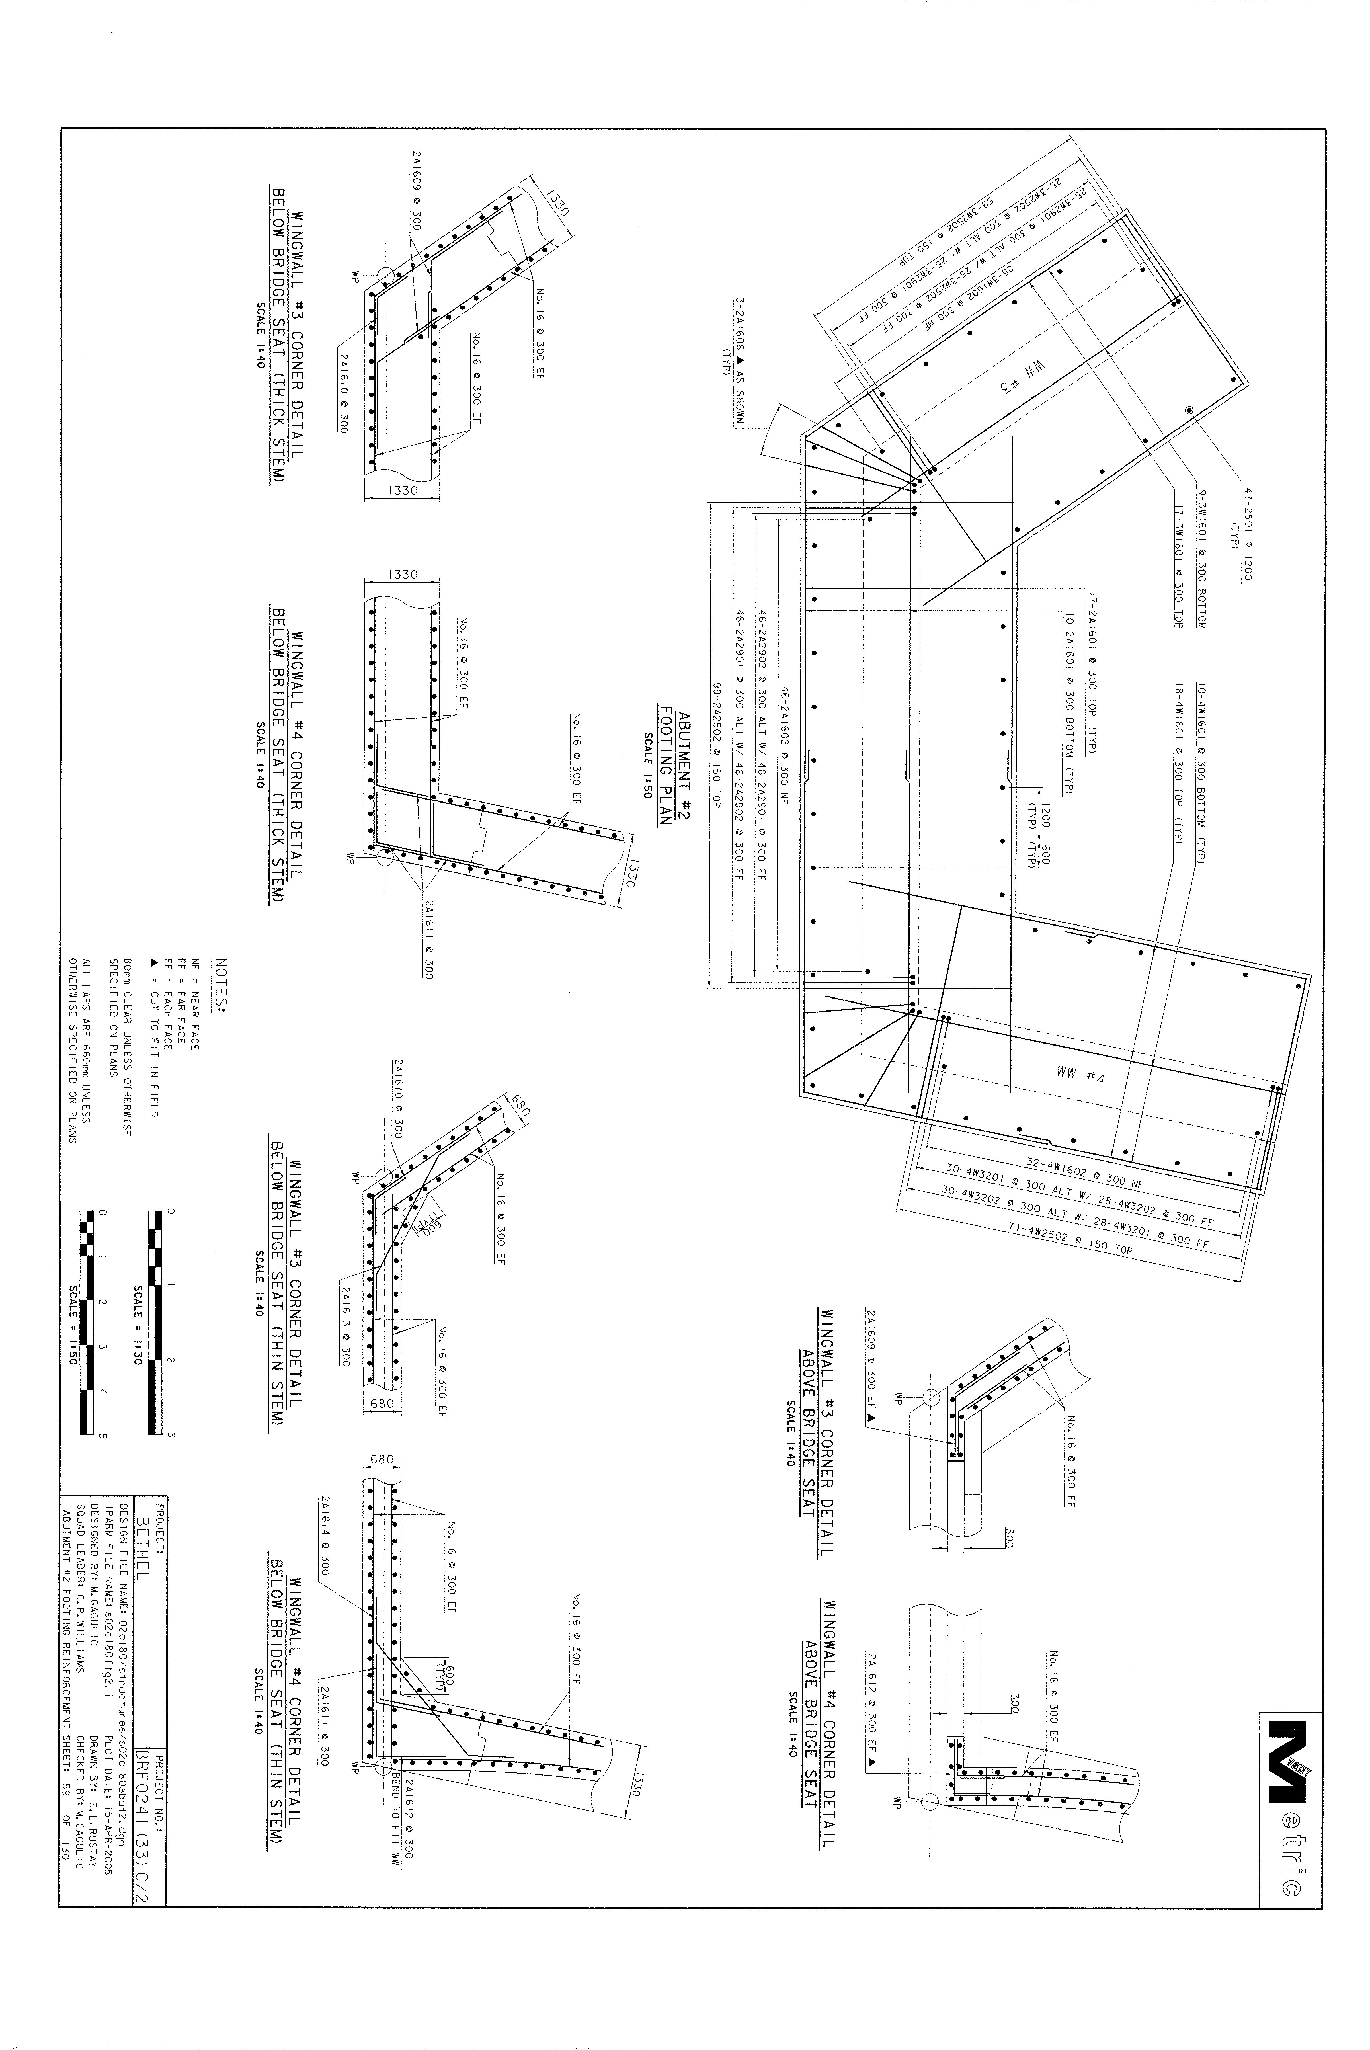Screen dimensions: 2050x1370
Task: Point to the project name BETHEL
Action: (x=142, y=1569)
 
